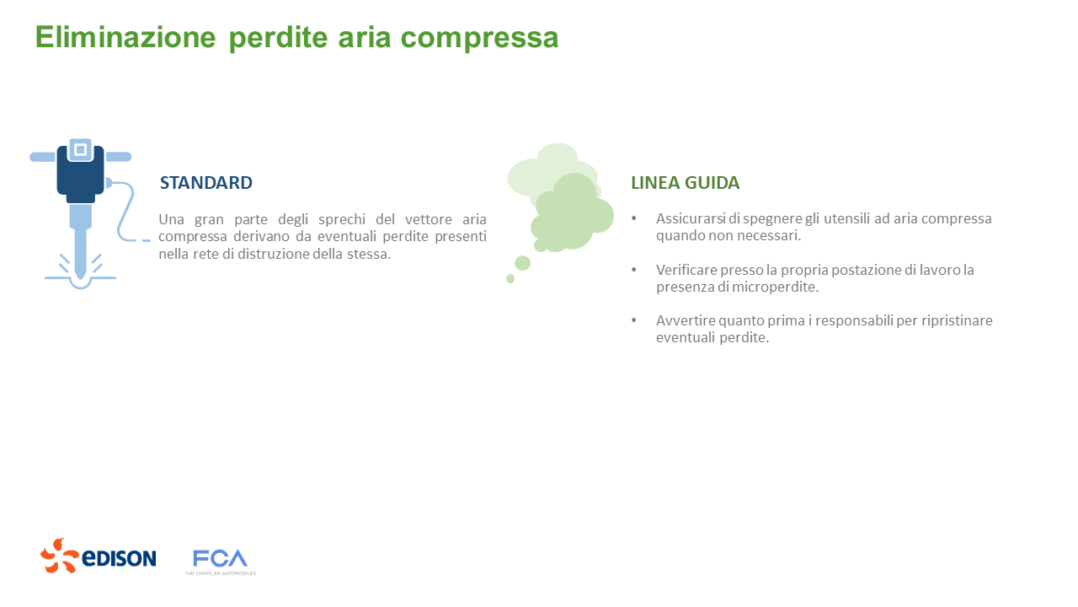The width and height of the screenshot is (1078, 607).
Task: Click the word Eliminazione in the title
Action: (x=125, y=38)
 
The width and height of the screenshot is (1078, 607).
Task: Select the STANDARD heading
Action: (x=206, y=183)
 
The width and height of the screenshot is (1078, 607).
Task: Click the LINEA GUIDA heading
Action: (x=686, y=183)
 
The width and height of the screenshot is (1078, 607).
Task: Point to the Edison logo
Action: (x=99, y=556)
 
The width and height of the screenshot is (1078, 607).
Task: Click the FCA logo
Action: (x=220, y=560)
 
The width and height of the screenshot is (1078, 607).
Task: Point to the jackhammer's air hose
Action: (x=126, y=211)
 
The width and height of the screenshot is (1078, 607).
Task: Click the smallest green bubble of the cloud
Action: (x=510, y=278)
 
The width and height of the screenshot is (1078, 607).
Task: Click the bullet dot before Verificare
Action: (x=634, y=270)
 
